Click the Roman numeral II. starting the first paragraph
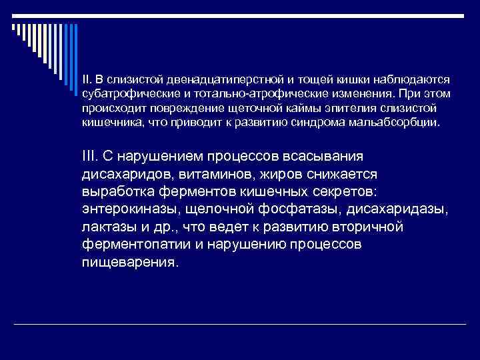point(87,79)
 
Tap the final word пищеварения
point(130,263)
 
